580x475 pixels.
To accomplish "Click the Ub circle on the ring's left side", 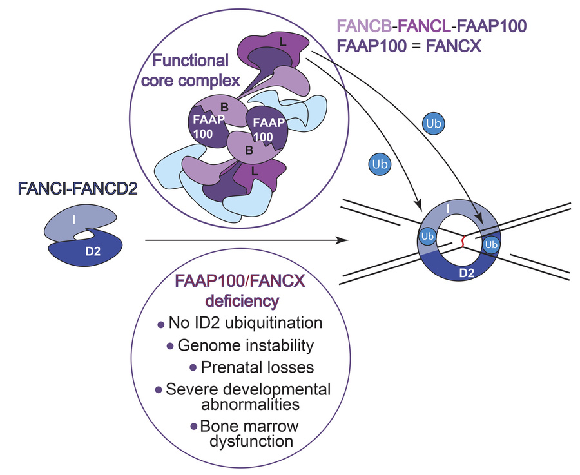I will tap(427, 237).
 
